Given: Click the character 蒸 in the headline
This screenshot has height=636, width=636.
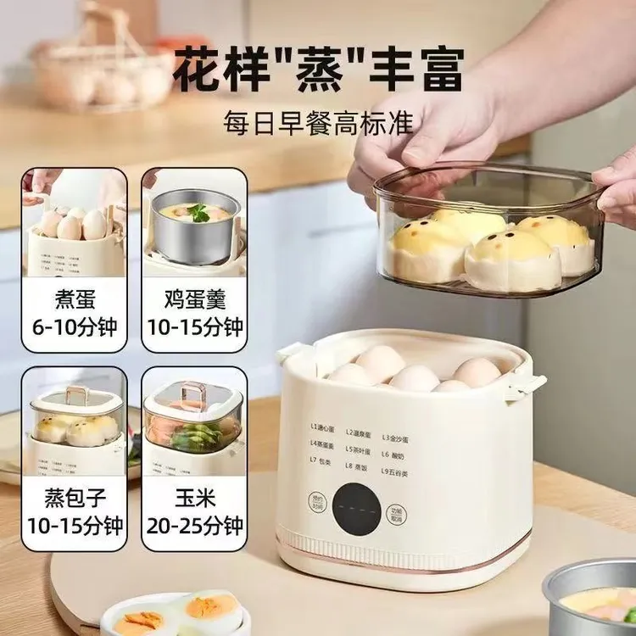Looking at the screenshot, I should click(318, 70).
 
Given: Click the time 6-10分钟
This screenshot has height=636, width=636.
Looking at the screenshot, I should click(75, 326).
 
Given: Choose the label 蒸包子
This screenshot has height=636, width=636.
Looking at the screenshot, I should click(75, 496).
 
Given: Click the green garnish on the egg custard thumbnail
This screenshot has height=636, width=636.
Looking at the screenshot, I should click(200, 212).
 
